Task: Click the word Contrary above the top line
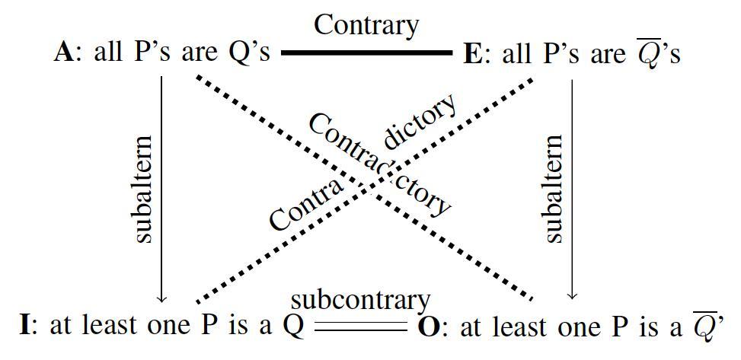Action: pyautogui.click(x=366, y=25)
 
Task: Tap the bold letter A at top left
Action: pyautogui.click(x=63, y=55)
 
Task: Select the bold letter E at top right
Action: pyautogui.click(x=472, y=55)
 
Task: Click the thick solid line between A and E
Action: pyautogui.click(x=366, y=53)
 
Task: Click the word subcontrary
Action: pyautogui.click(x=360, y=301)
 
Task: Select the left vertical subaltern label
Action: pyautogui.click(x=142, y=190)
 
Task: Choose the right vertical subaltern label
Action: pyautogui.click(x=554, y=190)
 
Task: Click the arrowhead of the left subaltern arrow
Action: pyautogui.click(x=162, y=298)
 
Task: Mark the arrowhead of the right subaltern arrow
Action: pyautogui.click(x=573, y=296)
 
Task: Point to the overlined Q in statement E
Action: pyautogui.click(x=647, y=54)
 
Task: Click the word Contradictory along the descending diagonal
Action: pyautogui.click(x=378, y=164)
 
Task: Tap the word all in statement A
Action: pyautogui.click(x=107, y=55)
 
